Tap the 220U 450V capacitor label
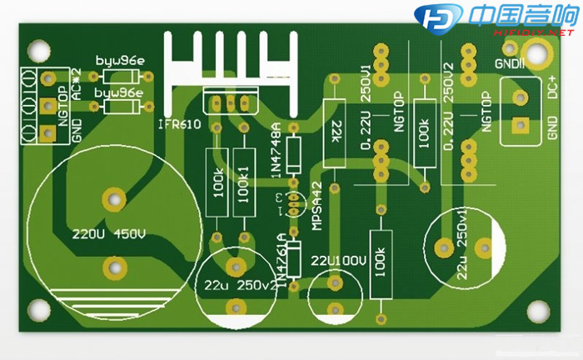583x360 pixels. pos(108,232)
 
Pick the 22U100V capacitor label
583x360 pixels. pos(339,261)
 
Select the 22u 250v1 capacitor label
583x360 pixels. pos(463,242)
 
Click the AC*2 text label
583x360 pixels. pos(76,83)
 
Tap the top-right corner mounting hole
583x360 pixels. pos(539,52)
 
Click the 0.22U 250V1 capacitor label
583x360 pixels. pos(366,109)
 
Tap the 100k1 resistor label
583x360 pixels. pos(244,184)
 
